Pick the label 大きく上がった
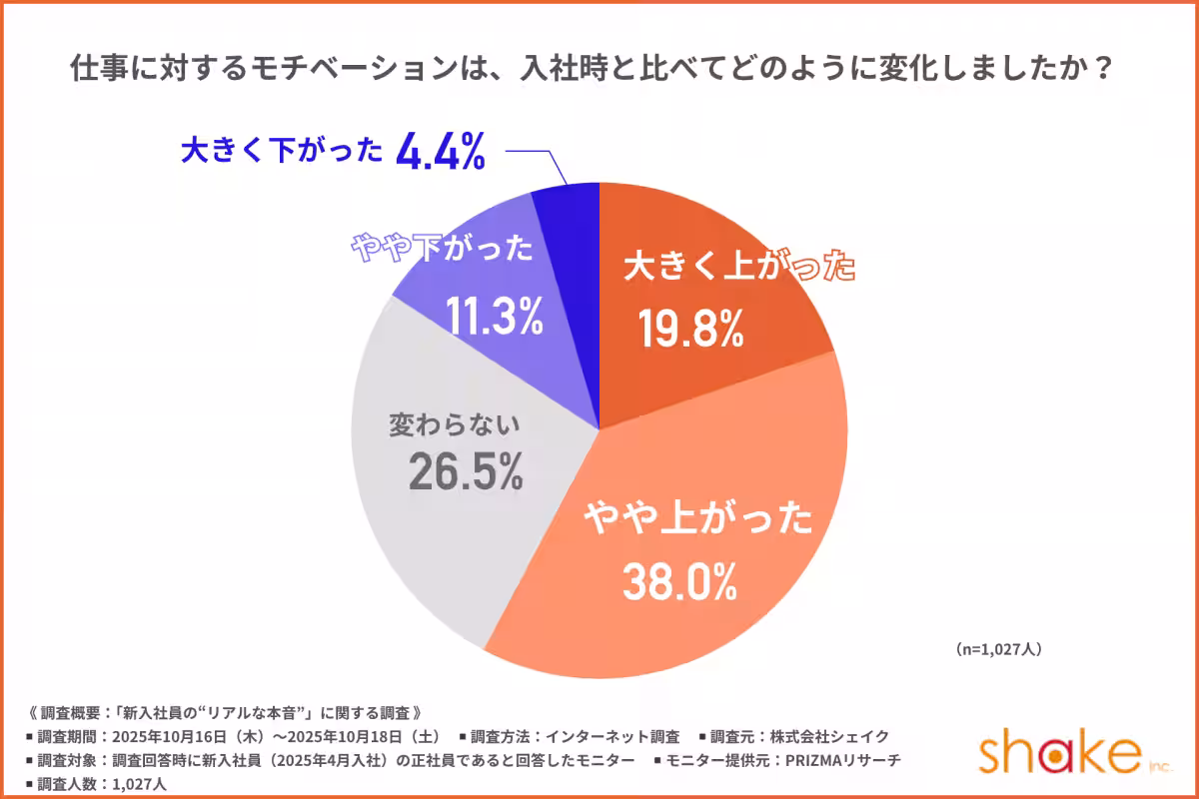click(x=739, y=269)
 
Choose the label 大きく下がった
click(x=282, y=152)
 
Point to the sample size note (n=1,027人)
click(x=999, y=649)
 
